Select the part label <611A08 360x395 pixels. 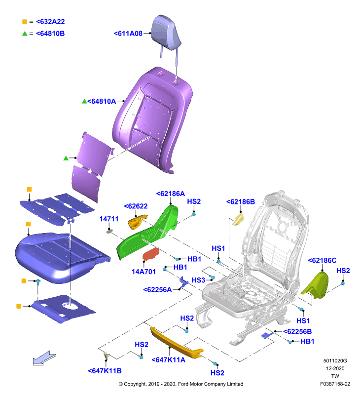click(x=128, y=34)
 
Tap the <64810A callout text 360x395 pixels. click(x=102, y=101)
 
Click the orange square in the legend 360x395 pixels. click(x=25, y=22)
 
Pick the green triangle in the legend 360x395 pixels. click(x=25, y=34)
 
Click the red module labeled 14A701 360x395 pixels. click(x=151, y=254)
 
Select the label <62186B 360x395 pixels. click(x=241, y=202)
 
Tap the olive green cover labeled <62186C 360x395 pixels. click(x=316, y=286)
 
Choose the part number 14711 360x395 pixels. click(x=108, y=219)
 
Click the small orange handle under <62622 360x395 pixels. click(x=137, y=222)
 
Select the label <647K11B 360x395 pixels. click(x=105, y=371)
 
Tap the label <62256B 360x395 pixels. click(x=297, y=331)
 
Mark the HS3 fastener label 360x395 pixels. click(x=198, y=280)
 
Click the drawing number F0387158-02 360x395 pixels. click(x=335, y=384)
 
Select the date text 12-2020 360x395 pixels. click(x=335, y=368)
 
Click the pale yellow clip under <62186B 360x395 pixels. click(x=238, y=219)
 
